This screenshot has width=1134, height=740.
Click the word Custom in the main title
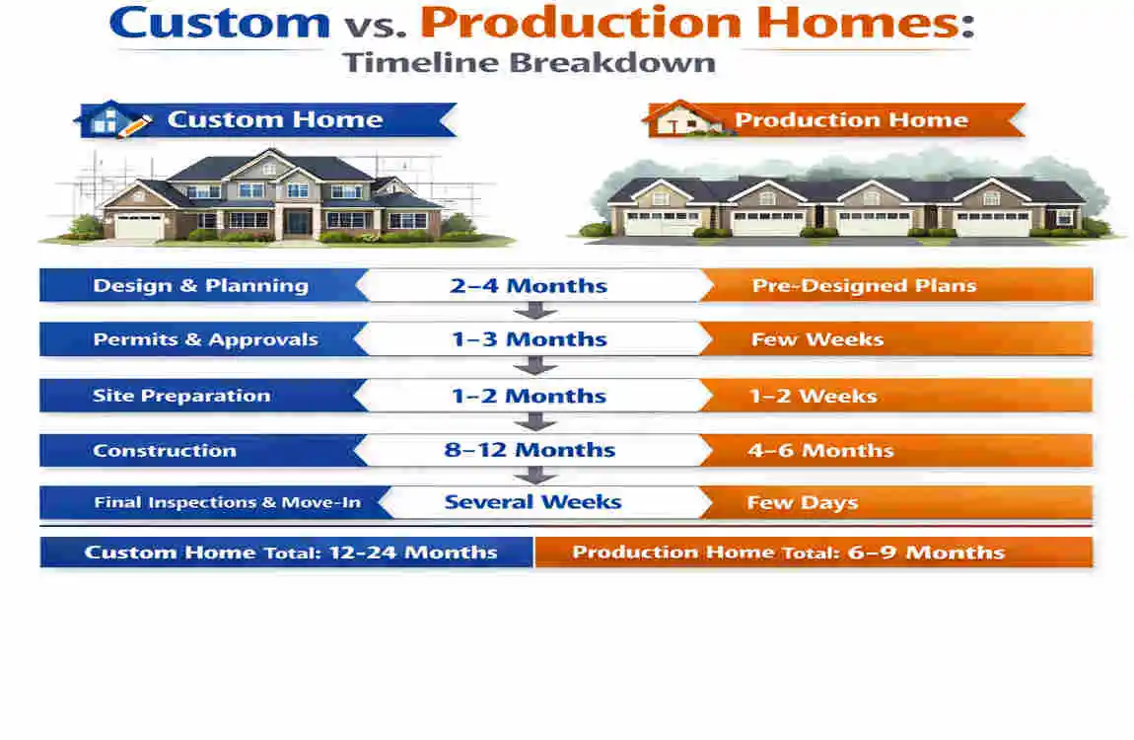(x=220, y=23)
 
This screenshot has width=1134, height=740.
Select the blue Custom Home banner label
(x=274, y=120)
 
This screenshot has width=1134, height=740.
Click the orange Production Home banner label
(x=850, y=120)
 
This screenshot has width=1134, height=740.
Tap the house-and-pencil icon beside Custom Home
(x=114, y=119)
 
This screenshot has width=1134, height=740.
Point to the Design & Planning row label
(x=200, y=286)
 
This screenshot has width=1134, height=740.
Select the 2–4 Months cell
(x=530, y=287)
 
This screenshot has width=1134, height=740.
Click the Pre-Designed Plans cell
(x=864, y=286)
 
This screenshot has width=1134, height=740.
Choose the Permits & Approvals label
(x=205, y=339)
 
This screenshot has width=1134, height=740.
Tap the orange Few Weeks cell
(x=817, y=339)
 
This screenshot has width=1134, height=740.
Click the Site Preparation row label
(x=181, y=396)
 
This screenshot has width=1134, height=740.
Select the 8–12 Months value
(x=530, y=450)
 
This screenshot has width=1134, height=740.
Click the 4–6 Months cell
(x=820, y=451)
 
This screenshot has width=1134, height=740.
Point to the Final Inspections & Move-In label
(x=227, y=502)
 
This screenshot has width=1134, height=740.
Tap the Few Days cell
(x=802, y=502)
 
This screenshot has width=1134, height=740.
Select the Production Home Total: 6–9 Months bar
(x=789, y=552)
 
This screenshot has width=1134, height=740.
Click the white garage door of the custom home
(x=139, y=226)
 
